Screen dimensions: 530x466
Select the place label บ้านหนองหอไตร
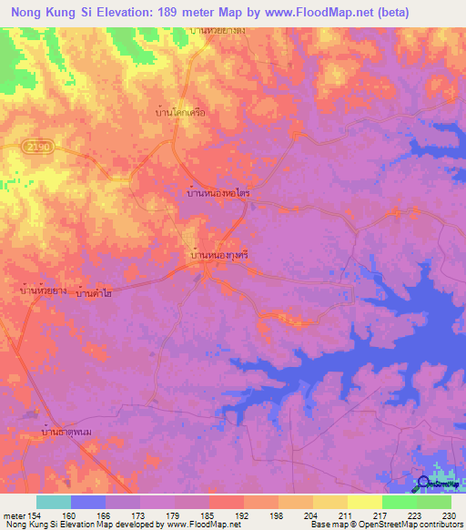[x=218, y=194]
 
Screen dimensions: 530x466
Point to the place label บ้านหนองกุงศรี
[x=218, y=257]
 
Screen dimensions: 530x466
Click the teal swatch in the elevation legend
[x=54, y=502]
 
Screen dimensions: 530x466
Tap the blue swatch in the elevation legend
[x=88, y=502]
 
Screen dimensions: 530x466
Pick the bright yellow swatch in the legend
[x=365, y=502]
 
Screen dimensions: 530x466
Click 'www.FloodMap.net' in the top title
[x=310, y=13]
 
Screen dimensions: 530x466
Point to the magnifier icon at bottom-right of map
[x=424, y=484]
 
